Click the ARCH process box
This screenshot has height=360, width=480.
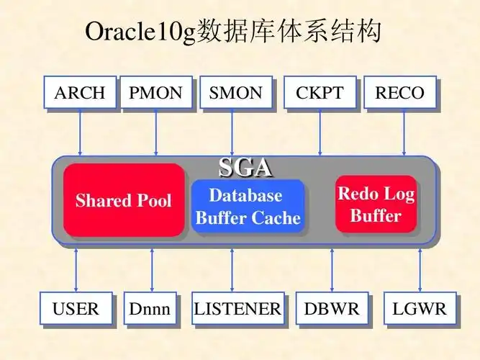80,93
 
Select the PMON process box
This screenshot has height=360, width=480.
156,93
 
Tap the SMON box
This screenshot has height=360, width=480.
236,93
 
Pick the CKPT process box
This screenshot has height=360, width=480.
320,93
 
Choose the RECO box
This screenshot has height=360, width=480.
400,93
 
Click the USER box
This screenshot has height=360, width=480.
76,310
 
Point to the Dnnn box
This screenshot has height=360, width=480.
150,310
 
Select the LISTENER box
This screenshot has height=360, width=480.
237,310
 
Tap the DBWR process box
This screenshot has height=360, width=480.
332,310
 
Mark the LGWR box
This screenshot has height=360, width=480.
420,310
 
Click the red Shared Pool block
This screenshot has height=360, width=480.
124,200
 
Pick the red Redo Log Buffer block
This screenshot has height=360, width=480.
376,204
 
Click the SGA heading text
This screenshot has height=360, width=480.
245,168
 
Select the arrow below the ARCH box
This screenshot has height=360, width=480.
80,133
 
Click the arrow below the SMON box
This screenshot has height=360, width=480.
232,133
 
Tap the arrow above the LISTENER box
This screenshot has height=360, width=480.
232,270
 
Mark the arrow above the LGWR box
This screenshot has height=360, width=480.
420,270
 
